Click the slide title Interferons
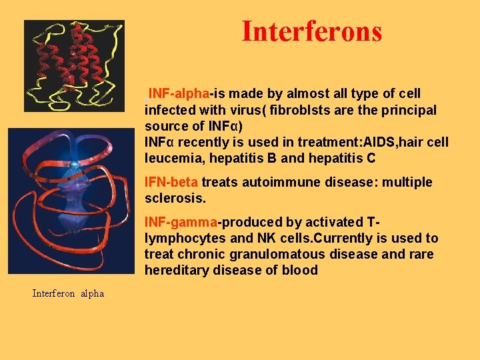click(311, 31)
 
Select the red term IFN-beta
click(171, 183)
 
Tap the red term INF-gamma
click(181, 223)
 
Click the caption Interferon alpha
click(68, 293)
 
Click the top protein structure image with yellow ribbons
click(74, 65)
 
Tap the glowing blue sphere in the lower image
click(75, 164)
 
